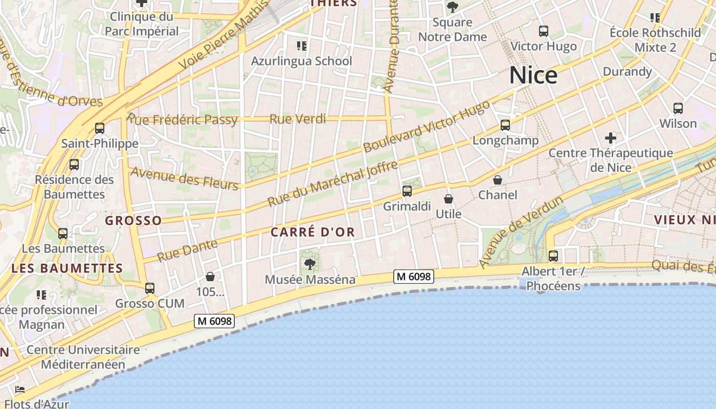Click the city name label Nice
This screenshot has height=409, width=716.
pos(533,76)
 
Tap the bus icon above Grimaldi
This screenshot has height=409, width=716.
pos(407,192)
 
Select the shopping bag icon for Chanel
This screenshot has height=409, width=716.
pos(498,180)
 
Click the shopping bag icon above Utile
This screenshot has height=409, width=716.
pos(449,199)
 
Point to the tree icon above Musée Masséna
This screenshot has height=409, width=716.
pos(309,264)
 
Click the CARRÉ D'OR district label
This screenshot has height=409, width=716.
pos(312,232)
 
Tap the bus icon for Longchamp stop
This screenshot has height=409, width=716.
pos(505,125)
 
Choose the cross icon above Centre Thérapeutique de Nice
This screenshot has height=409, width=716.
pos(610,138)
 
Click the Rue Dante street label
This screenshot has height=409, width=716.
pos(187,250)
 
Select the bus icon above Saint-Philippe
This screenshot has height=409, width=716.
pos(100,128)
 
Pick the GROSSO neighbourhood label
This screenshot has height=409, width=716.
pos(133,221)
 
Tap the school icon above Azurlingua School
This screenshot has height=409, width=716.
pos(302,47)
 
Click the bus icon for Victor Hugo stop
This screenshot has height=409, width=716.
pos(544,31)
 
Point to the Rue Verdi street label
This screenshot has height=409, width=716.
pos(297,119)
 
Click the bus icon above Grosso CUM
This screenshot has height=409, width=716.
pos(150,288)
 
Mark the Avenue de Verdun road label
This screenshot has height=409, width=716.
pos(521,231)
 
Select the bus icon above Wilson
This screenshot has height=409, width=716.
pos(678,108)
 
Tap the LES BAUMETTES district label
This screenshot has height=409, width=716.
pos(67,268)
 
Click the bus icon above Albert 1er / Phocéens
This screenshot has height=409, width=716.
pos(553,256)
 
